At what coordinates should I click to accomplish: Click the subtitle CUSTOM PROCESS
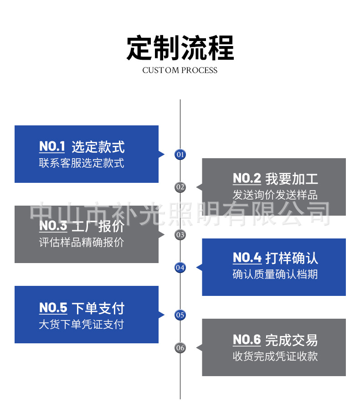[x=180, y=70]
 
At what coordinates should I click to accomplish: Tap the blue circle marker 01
[x=180, y=154]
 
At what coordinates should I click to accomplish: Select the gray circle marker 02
[x=180, y=187]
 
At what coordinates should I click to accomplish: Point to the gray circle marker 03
[x=180, y=235]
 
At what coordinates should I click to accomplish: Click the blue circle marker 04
[x=180, y=268]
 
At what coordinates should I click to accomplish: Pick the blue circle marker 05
[x=180, y=315]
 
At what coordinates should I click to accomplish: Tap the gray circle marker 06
[x=180, y=348]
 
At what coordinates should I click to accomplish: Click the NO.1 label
[x=52, y=146]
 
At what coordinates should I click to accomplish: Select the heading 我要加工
[x=292, y=179]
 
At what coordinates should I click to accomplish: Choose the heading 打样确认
[x=292, y=259]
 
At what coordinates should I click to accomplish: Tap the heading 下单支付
[x=98, y=308]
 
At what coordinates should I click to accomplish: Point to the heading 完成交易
[x=292, y=340]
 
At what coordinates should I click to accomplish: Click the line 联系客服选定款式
[x=82, y=163]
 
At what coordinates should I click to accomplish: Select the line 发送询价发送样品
[x=275, y=195]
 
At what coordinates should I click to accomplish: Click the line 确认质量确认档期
[x=275, y=274]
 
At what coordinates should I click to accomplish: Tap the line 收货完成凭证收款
[x=275, y=356]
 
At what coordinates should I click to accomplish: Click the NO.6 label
[x=247, y=340]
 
